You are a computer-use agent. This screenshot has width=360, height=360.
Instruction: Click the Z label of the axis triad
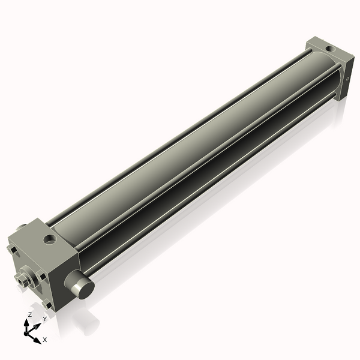30,315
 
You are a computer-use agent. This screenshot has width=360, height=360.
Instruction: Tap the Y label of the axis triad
44,319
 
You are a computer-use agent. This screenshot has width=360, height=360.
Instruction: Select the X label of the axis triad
44,340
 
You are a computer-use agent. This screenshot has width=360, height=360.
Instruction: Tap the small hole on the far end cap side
348,79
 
